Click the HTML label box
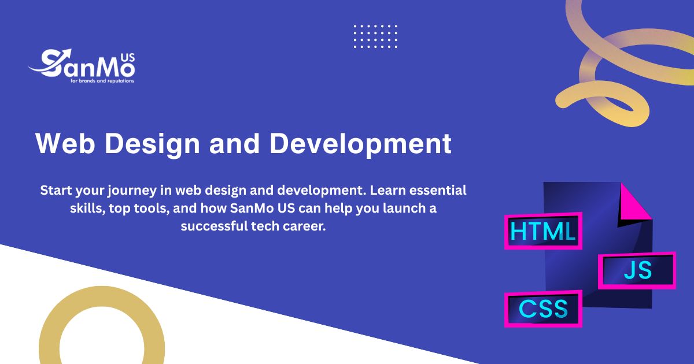(x=542, y=232)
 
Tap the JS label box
(x=637, y=270)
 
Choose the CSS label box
(x=543, y=309)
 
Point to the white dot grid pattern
(x=375, y=36)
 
